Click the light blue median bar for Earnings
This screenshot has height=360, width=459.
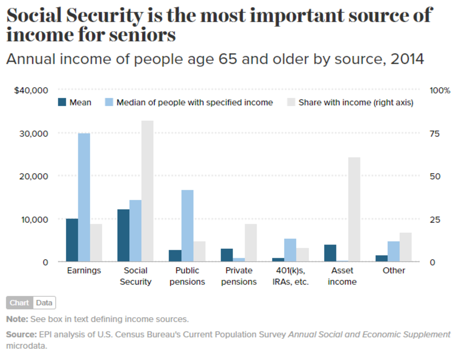[x=84, y=197]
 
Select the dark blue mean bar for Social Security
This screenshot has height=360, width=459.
[x=124, y=235]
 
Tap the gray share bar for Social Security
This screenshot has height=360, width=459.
[x=147, y=191]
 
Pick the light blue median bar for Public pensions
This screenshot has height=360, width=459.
[x=187, y=225]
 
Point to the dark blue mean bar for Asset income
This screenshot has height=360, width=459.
[x=330, y=253]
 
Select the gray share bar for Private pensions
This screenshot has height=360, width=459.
[x=251, y=243]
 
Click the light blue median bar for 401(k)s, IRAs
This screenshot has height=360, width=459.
[x=290, y=250]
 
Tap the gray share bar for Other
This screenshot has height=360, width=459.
[x=406, y=247]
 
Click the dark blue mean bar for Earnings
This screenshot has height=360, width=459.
[x=72, y=240]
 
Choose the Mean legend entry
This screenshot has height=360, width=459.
[x=75, y=102]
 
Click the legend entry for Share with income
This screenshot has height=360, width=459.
[x=350, y=102]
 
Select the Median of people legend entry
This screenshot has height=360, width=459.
[x=189, y=102]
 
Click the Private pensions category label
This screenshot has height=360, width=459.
[x=239, y=276]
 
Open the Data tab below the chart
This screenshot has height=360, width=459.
[x=44, y=303]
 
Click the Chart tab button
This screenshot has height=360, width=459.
[x=20, y=303]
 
